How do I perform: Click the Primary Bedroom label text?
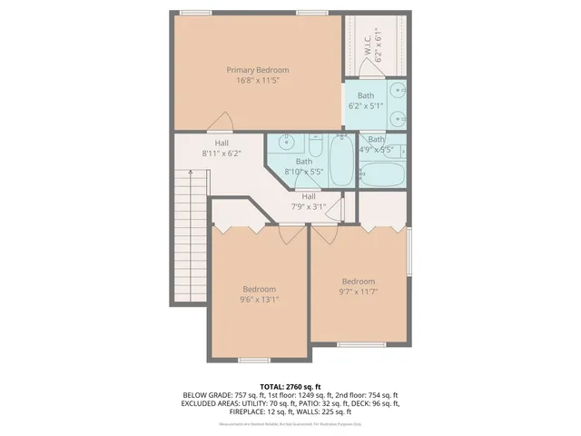pos(258,70)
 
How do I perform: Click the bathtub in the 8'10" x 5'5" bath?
pos(341,158)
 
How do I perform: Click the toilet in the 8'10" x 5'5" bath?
pos(315,145)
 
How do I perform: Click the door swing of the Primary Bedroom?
pos(219,124)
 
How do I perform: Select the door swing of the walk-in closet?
pos(378,73)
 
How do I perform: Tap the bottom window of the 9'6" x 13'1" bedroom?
pos(254,360)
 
